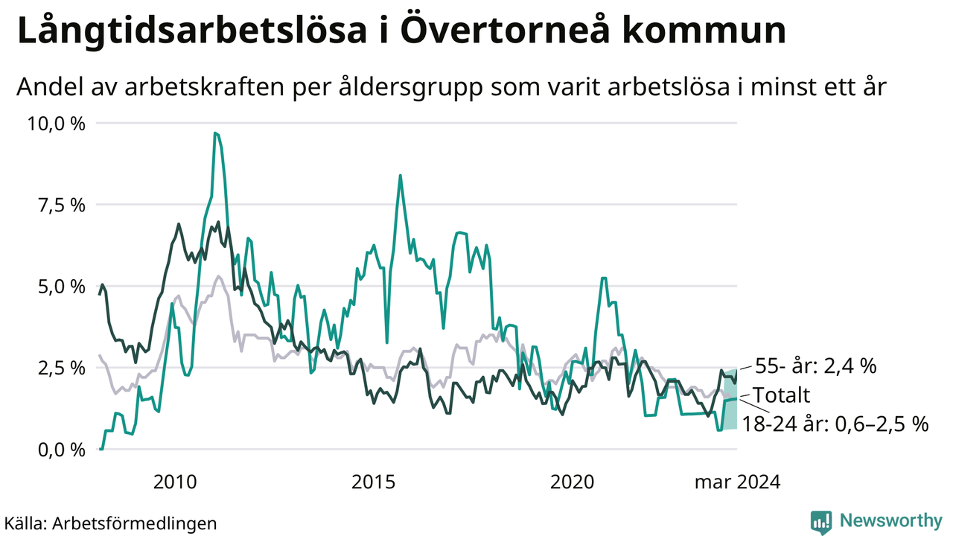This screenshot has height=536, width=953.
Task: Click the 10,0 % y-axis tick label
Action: pyautogui.click(x=56, y=124)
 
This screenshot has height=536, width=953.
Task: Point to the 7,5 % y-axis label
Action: pyautogui.click(x=62, y=205)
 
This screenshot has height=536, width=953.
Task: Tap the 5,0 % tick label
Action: pyautogui.click(x=62, y=287)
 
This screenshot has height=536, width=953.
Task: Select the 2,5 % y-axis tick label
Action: pyautogui.click(x=62, y=368)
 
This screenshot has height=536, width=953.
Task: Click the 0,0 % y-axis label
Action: pyautogui.click(x=62, y=450)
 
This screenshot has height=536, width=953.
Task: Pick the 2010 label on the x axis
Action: pyautogui.click(x=175, y=482)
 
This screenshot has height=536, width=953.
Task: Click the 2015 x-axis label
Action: pyautogui.click(x=374, y=482)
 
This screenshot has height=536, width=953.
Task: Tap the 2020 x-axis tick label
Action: pyautogui.click(x=573, y=482)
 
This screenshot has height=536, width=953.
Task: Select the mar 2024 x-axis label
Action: pyautogui.click(x=738, y=482)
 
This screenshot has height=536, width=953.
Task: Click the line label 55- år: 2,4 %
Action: pyautogui.click(x=815, y=366)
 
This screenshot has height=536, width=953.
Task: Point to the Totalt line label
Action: pyautogui.click(x=782, y=395)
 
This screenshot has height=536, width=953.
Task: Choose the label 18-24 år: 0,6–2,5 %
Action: pyautogui.click(x=835, y=424)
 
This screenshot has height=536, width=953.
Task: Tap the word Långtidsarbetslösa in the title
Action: pyautogui.click(x=192, y=31)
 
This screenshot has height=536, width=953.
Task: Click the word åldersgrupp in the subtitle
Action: pyautogui.click(x=411, y=87)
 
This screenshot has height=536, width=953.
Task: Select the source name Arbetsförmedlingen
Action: pyautogui.click(x=135, y=523)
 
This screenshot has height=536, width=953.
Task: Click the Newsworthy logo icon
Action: pyautogui.click(x=821, y=522)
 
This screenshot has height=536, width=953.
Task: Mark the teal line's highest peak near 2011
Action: pyautogui.click(x=215, y=133)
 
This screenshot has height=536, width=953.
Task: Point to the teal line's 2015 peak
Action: pyautogui.click(x=400, y=175)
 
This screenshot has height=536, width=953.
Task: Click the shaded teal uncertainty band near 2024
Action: pyautogui.click(x=730, y=399)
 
